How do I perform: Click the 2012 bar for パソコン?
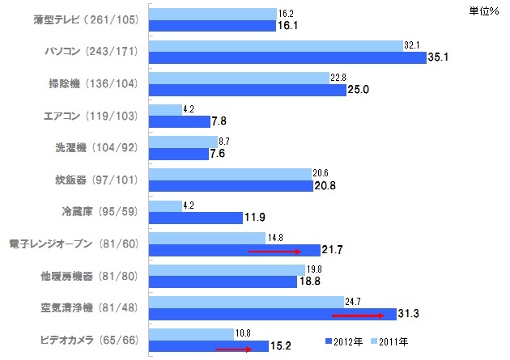coord(287,57)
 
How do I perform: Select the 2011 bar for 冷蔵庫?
coord(165,206)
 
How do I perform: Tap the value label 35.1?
coord(438,57)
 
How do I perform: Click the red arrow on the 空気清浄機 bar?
coord(357,315)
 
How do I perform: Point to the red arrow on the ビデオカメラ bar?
coord(234,349)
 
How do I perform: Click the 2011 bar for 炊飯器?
coord(231,173)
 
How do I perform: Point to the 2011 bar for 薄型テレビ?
coord(213,14)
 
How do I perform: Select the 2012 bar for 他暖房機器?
coord(223,282)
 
